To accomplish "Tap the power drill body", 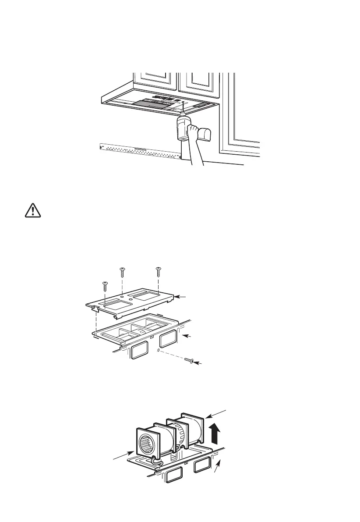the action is (x=183, y=127).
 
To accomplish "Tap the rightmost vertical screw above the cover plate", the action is (x=159, y=272).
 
